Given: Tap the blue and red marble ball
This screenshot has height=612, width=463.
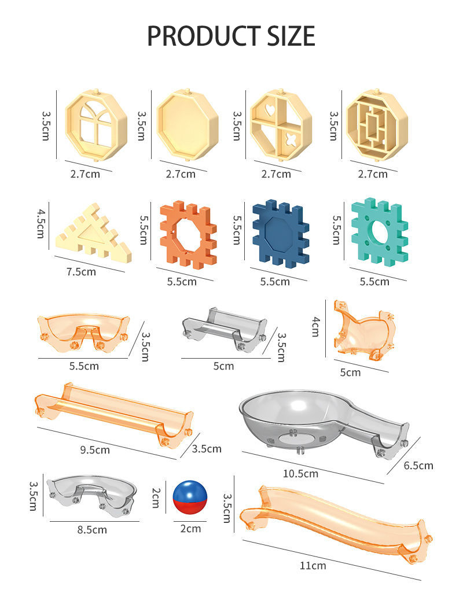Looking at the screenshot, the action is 190,497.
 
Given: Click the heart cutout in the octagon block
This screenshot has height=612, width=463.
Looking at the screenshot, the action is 270,110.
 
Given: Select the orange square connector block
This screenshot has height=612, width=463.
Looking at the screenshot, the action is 188,235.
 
